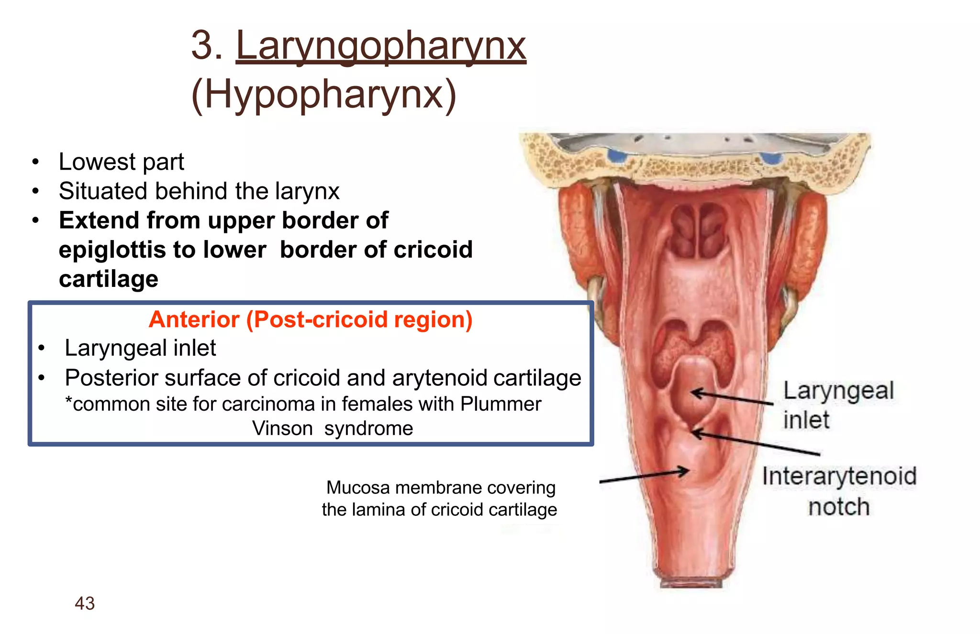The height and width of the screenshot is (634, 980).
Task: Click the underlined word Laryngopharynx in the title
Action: tap(381, 46)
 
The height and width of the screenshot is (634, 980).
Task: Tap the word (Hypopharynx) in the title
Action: tap(324, 94)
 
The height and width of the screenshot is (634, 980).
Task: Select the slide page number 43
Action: tap(85, 603)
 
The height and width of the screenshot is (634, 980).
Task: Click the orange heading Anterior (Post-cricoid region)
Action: tap(311, 319)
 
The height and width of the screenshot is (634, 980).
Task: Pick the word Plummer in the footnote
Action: tap(501, 404)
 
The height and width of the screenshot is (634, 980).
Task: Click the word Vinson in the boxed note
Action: tap(282, 428)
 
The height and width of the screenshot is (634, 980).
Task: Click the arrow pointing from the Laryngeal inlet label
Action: tap(732, 398)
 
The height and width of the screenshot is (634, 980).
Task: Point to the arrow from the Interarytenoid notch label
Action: tap(756, 443)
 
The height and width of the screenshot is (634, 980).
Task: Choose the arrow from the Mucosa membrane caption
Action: tap(644, 476)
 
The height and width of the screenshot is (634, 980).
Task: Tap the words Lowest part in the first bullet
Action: tap(121, 162)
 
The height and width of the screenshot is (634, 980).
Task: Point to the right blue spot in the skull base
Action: tap(770, 158)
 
